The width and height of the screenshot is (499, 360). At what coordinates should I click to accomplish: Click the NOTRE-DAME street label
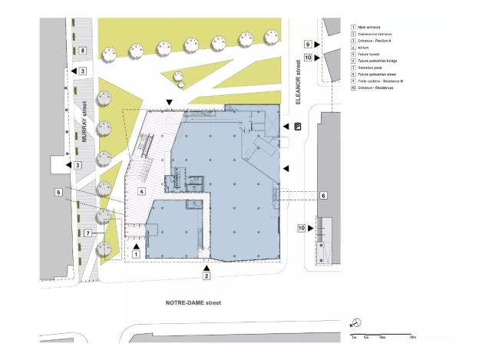pos(193,303)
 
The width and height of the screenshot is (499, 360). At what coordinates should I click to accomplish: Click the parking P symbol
pos(297,126)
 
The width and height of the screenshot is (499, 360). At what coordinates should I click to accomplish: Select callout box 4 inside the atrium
pos(141,190)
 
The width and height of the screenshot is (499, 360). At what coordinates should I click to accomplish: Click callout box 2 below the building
pos(207,275)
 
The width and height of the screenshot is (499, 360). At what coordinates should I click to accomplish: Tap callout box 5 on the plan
pos(58,192)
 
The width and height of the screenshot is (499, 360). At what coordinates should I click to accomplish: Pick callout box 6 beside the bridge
pos(323,196)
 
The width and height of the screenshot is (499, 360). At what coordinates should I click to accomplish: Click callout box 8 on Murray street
pos(83,51)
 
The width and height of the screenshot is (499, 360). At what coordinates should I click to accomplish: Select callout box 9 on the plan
pos(307,45)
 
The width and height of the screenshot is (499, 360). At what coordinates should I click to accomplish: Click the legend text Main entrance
pos(368,27)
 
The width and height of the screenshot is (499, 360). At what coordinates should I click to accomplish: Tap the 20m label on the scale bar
pos(412,337)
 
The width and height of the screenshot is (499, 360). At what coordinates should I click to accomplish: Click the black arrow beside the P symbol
pos(285,127)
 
